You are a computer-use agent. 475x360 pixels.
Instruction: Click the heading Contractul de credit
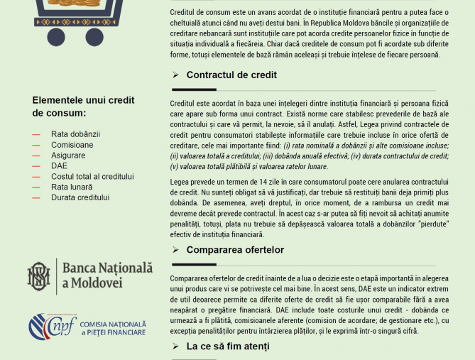click(x=231, y=75)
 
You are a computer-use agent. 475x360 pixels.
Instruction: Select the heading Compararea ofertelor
click(x=235, y=250)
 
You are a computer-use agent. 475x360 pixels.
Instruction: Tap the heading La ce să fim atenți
click(x=228, y=347)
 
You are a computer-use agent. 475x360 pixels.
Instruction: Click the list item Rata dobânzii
click(x=75, y=133)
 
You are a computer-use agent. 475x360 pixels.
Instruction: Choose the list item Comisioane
click(x=72, y=144)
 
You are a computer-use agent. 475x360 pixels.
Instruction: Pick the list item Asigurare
click(x=68, y=155)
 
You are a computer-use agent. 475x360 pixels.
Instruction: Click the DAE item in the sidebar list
click(x=60, y=165)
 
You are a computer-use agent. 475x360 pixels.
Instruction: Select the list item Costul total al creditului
click(x=92, y=176)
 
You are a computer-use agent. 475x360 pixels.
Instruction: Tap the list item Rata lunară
click(x=72, y=187)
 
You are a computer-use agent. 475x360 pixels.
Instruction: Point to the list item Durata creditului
click(x=80, y=197)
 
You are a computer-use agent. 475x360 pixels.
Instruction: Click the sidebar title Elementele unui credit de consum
click(x=83, y=107)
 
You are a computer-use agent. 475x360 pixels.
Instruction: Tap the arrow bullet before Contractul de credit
click(x=175, y=75)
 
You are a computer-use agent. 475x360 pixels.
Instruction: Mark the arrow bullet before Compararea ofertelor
click(x=175, y=250)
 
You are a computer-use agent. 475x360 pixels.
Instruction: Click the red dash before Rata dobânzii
click(x=36, y=133)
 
